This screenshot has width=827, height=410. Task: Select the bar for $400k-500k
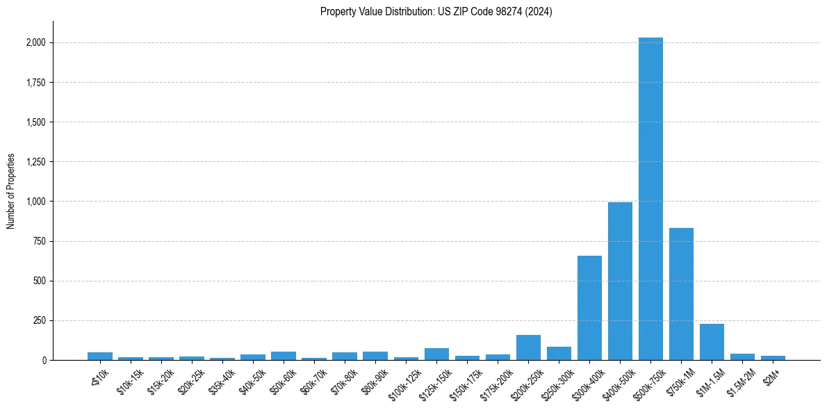pos(620,281)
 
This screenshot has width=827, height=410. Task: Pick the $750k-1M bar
pos(681,294)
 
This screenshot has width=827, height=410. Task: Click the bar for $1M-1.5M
pos(712,342)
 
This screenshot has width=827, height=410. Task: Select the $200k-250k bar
pos(528,347)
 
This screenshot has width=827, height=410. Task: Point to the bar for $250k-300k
pos(559,353)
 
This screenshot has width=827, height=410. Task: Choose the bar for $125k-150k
pos(436,354)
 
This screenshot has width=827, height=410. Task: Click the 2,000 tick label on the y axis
pos(35,43)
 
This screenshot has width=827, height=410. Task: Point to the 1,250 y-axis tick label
pos(35,162)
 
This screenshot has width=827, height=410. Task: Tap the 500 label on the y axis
pos(39,281)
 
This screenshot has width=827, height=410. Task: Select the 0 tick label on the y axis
pos(43,361)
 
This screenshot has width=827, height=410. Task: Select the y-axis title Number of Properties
pos(11,191)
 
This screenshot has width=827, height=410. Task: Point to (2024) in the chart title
pos(539,11)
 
